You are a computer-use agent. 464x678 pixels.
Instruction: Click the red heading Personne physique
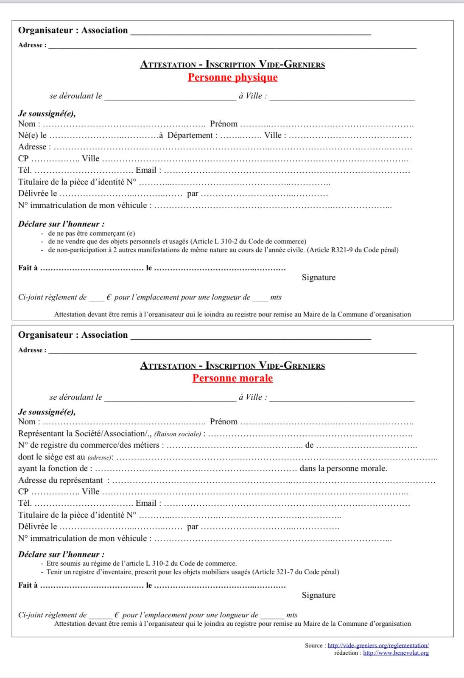click(233, 77)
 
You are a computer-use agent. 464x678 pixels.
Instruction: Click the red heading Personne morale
click(232, 378)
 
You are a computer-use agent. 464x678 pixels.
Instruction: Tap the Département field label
click(192, 135)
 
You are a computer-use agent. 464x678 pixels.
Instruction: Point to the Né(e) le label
click(32, 135)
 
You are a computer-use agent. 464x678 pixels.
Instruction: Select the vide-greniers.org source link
click(378, 645)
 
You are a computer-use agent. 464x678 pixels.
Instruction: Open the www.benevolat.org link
click(396, 653)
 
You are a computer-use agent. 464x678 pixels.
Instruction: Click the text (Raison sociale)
click(178, 434)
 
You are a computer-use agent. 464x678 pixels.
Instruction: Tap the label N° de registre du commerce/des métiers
click(89, 445)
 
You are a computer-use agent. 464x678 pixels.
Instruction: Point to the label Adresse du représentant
click(60, 480)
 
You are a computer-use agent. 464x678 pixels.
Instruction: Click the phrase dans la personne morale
click(343, 468)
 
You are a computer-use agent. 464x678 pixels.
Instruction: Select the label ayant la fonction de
click(53, 468)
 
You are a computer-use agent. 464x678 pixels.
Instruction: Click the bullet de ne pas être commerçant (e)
click(91, 233)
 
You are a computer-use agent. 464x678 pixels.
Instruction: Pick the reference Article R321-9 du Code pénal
click(353, 250)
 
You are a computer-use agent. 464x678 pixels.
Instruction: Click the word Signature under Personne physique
click(319, 277)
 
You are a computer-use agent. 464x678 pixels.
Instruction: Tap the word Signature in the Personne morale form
click(319, 595)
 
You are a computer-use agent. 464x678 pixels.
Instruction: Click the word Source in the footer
click(313, 645)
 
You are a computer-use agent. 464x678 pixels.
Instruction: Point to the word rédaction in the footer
click(346, 653)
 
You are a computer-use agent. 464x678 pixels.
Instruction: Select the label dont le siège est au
click(51, 457)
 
